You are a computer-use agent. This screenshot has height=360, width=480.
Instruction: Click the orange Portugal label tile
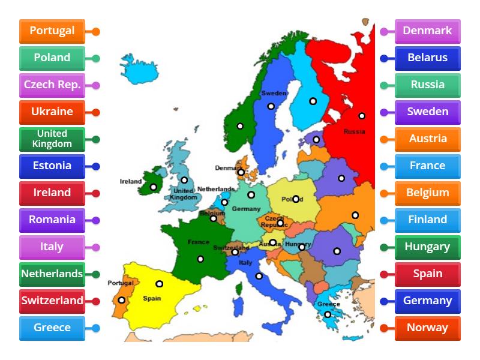52,31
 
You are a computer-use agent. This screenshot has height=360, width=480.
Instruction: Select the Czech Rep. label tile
52,85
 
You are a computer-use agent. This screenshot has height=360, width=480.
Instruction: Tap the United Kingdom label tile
52,139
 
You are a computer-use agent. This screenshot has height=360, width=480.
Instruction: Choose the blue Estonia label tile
52,166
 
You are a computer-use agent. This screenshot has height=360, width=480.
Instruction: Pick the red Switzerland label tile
52,301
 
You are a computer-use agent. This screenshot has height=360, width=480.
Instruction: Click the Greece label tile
52,328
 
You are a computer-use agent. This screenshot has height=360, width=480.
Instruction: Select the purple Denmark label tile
427,31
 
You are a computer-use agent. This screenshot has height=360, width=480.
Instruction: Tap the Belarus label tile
427,58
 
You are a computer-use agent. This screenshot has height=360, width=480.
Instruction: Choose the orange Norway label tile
427,328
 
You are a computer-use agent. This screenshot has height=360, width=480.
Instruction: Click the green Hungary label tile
427,247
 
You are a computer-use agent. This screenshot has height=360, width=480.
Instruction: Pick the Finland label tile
427,220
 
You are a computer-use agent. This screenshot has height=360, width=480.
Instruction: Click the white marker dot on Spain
160,284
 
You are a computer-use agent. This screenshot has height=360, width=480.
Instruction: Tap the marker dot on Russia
362,116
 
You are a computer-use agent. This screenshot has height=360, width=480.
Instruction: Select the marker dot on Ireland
154,187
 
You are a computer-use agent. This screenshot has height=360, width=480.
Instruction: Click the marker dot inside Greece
328,314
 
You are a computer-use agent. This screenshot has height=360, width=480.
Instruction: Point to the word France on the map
198,242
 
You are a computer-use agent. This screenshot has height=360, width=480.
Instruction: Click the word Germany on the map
246,209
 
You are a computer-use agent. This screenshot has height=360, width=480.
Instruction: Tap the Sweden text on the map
274,94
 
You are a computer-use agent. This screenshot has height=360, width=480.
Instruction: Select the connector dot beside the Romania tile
96,220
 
